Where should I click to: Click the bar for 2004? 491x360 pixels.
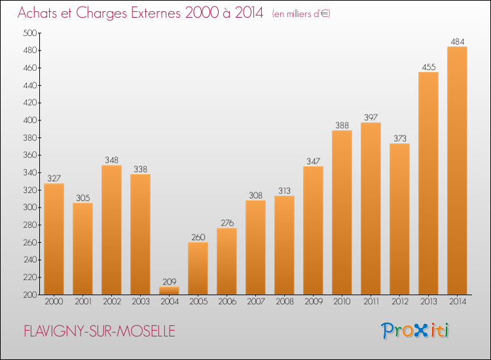click(169, 291)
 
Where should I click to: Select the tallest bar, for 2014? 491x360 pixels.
click(457, 171)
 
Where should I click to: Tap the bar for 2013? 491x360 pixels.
click(428, 183)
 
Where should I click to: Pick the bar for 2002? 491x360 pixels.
click(111, 230)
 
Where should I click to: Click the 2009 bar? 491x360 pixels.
click(313, 230)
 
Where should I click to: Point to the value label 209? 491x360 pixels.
click(170, 281)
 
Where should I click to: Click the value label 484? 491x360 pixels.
click(458, 42)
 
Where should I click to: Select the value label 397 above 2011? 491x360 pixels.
click(371, 117)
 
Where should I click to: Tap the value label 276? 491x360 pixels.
click(227, 223)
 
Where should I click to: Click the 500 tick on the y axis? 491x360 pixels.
click(29, 33)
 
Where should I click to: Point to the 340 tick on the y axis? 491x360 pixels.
click(29, 173)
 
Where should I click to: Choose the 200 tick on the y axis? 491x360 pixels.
click(29, 295)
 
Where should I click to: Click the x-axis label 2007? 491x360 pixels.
click(256, 302)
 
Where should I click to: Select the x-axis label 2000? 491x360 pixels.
click(54, 302)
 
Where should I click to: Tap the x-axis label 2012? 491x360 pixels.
click(400, 302)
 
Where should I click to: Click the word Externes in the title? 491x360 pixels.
click(156, 13)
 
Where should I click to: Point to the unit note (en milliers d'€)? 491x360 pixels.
click(301, 14)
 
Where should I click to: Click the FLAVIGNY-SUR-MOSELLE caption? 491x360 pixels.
click(100, 331)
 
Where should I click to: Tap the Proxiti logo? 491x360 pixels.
click(415, 331)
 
